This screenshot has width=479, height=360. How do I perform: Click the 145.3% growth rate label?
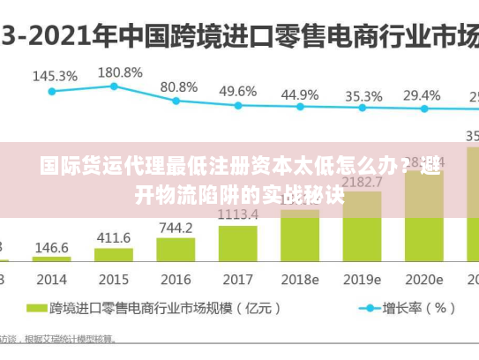pos(55,76)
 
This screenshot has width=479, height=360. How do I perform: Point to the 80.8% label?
pos(178,86)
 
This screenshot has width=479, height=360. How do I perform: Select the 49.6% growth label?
pos(237,91)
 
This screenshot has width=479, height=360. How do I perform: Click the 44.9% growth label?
pos(300,94)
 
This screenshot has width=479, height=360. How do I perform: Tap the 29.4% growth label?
pos(422,94)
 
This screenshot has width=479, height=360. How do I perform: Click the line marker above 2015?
pos(114,86)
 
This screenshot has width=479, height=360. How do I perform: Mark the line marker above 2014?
pos(52,91)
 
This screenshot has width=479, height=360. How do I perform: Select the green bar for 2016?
pos(176,249)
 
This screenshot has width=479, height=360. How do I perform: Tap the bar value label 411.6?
pos(113,237)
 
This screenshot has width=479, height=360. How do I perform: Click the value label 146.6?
pos(51,248)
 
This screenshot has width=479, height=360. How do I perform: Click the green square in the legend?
pos(36,309)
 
